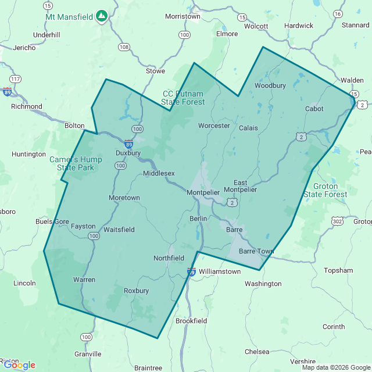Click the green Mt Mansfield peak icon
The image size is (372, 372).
point(102,16)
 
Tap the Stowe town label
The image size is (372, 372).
point(155,71)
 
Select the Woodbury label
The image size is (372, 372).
point(270,85)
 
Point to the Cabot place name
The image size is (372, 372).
point(314,109)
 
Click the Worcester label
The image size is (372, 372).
point(214,126)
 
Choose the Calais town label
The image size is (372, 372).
point(248,128)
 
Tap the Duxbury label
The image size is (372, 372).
point(128,153)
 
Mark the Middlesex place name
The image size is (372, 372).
point(159,173)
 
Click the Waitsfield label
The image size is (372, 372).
point(119,230)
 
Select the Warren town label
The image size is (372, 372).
point(84,280)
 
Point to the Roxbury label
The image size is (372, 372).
point(137,291)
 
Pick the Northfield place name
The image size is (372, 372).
point(169,258)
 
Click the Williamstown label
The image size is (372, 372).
point(219,271)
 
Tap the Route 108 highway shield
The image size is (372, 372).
point(123,46)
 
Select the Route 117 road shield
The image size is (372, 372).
point(16,79)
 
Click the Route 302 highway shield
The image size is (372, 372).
point(337,221)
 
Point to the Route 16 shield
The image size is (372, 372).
point(338,13)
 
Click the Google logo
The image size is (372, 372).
point(19,365)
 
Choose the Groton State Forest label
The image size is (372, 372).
point(325,190)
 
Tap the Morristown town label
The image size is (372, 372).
point(183,16)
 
